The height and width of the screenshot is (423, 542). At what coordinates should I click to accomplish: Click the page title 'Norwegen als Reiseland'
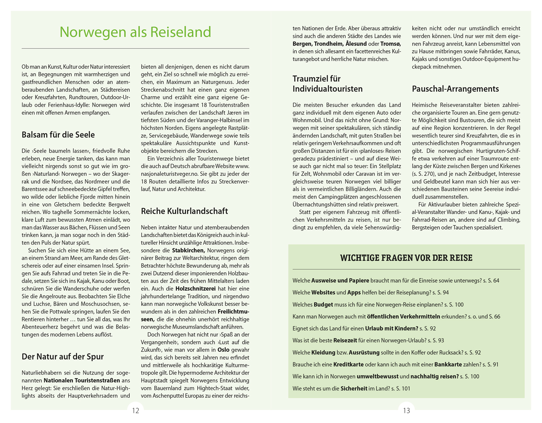coord(135,32)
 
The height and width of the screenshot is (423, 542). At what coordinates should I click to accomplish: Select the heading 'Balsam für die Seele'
coord(58,135)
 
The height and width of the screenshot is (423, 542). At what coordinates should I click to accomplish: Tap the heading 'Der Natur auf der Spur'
coord(63,356)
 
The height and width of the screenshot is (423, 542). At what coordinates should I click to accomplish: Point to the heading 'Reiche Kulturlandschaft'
coord(184,211)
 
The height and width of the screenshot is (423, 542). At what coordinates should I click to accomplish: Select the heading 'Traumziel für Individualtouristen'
coord(327,84)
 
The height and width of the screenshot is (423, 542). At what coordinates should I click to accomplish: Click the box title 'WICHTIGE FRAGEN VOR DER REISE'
coord(406,258)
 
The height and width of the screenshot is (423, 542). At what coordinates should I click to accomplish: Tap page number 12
coord(135,410)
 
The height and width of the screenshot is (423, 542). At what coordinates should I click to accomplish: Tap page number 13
coord(406,410)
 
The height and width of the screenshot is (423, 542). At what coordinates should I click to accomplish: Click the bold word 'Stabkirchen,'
coord(189,250)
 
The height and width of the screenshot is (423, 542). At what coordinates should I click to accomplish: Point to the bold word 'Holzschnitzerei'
coord(195,289)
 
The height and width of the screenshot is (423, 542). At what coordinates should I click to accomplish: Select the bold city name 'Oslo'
coord(223,350)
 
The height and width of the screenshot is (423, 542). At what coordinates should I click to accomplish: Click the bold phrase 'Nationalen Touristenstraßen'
coord(82,380)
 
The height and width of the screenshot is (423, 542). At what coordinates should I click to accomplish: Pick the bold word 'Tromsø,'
coord(391,44)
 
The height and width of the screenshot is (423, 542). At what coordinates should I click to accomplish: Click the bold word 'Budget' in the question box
coord(323,304)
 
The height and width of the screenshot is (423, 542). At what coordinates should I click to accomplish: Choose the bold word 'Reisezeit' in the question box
coord(345,340)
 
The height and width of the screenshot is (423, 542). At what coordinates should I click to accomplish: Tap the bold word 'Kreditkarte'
coord(348,364)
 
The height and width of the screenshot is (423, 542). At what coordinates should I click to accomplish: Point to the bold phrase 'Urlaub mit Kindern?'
coord(392,328)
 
